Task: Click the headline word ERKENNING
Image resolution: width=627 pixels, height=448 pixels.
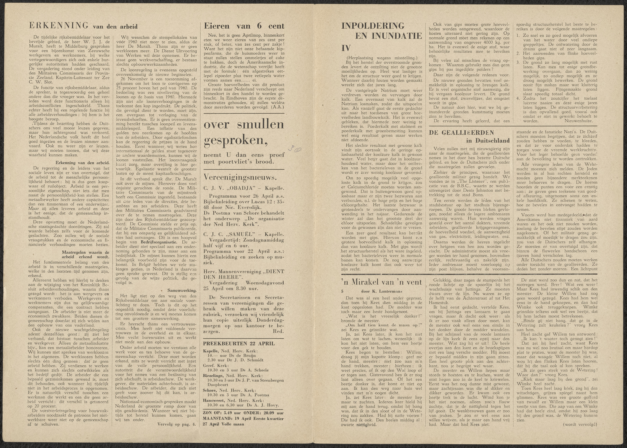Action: click(58, 26)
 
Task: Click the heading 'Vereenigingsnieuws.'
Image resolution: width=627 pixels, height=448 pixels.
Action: click(240, 177)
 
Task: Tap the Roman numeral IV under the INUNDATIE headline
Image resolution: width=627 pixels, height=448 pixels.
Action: click(346, 48)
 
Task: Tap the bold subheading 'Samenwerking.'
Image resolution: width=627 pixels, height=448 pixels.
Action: click(182, 290)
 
